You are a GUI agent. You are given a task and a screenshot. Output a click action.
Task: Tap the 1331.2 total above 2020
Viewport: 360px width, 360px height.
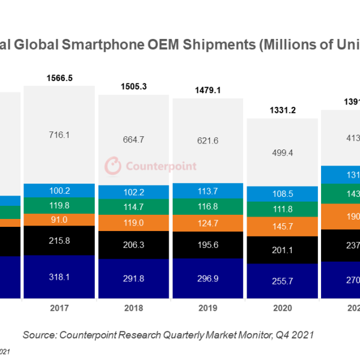click(283, 110)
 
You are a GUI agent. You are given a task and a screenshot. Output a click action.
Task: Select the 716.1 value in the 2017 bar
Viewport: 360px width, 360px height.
click(59, 136)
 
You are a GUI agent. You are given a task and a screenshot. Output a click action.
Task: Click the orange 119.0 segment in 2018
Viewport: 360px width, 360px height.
click(134, 221)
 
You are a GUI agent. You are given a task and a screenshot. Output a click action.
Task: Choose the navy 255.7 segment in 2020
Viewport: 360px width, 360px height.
click(283, 281)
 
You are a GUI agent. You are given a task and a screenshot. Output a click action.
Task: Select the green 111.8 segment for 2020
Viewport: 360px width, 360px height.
click(283, 209)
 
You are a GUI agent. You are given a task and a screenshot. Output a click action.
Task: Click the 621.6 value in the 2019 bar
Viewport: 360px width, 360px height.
click(209, 140)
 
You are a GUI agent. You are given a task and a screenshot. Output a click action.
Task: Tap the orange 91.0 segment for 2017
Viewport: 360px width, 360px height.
click(59, 220)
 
